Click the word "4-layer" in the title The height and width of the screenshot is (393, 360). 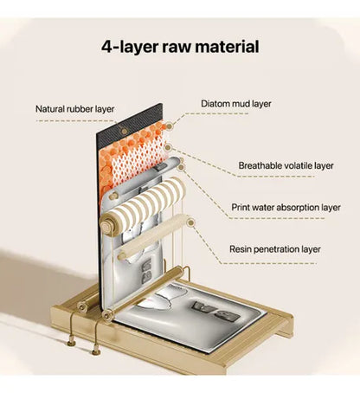point(130,47)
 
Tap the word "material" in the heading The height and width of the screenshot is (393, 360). point(227,46)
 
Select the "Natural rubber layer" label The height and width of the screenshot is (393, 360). point(75,109)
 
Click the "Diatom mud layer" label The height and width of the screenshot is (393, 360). point(236,104)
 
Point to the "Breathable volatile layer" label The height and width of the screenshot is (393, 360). point(286,165)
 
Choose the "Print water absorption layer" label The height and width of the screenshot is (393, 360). point(286,208)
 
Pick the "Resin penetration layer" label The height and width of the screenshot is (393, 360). point(275,249)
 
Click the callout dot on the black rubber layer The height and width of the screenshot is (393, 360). point(125,132)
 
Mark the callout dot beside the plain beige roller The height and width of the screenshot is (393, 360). point(190,222)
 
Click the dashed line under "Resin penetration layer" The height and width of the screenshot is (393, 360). point(268,263)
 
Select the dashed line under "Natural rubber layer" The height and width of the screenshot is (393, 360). point(75,121)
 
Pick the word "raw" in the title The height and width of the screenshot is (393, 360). point(177,48)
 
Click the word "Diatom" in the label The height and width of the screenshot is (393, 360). point(215,104)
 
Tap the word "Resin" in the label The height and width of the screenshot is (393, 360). point(240,249)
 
